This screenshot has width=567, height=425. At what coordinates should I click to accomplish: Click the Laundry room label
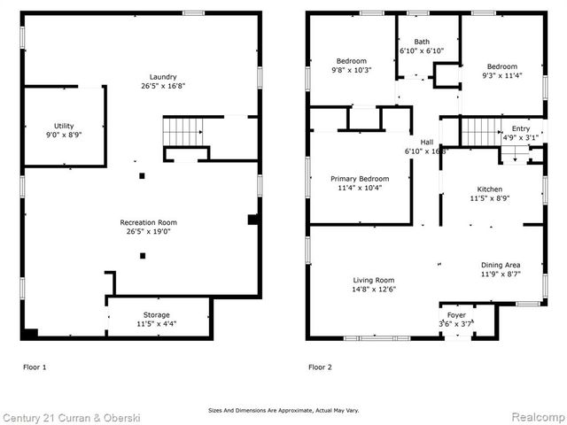(x=137, y=76)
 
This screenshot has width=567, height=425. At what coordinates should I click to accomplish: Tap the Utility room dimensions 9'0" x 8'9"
(x=63, y=135)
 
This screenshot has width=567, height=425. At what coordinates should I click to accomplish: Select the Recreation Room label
(x=148, y=222)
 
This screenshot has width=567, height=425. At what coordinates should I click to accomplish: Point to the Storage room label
(x=157, y=314)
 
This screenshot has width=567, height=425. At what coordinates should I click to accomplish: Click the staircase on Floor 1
(x=182, y=134)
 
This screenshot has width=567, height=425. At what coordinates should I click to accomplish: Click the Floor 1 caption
(x=35, y=366)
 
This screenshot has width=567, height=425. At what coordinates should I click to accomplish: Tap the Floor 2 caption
(x=321, y=366)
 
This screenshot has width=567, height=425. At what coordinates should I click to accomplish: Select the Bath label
(x=422, y=42)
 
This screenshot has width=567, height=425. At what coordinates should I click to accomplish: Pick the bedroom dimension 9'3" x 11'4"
(x=502, y=75)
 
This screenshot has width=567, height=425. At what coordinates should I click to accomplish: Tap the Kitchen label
(x=490, y=189)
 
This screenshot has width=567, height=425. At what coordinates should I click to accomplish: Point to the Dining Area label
(x=501, y=265)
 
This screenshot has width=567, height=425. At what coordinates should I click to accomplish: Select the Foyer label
(x=456, y=314)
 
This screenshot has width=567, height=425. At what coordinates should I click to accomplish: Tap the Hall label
(x=426, y=142)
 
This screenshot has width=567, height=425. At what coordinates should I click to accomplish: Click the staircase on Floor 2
(x=478, y=133)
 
